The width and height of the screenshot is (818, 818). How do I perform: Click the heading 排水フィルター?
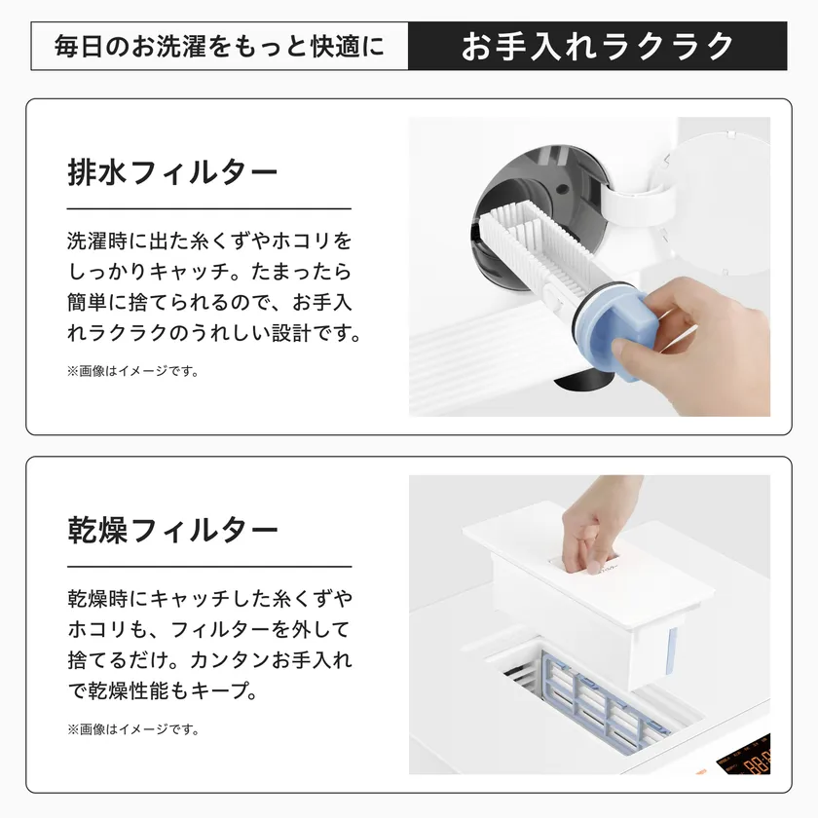(173, 172)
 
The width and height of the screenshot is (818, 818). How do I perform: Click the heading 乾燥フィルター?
(173, 531)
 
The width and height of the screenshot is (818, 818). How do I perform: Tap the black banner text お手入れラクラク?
(597, 46)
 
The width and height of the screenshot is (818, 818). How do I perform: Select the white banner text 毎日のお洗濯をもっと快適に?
(219, 46)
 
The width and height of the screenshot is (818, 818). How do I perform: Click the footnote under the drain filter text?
(132, 371)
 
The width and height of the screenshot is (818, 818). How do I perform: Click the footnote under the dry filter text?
(132, 728)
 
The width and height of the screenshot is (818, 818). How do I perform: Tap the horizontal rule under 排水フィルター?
(208, 208)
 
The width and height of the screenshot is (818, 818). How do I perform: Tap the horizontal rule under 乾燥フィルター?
(208, 567)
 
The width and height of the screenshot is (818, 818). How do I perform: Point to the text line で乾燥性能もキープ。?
(162, 691)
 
